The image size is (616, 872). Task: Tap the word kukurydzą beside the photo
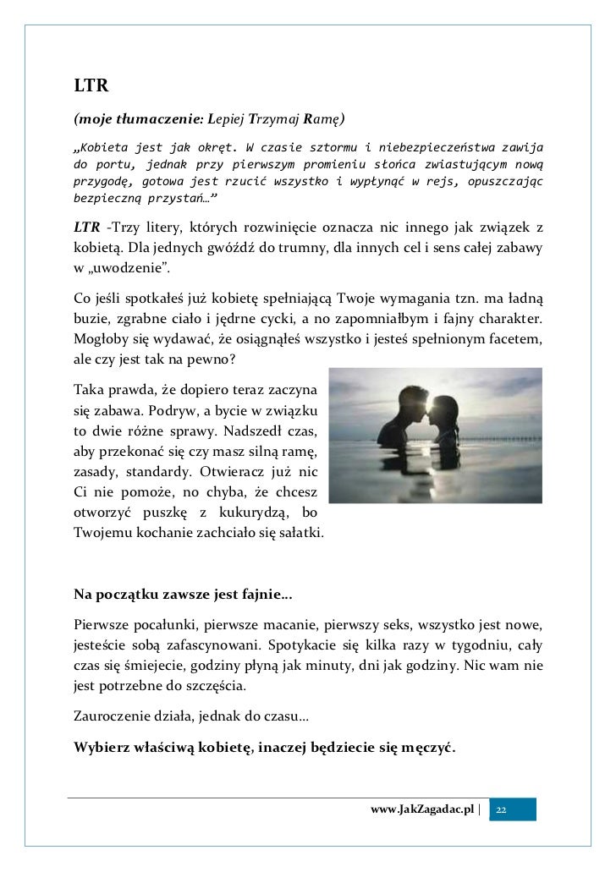click(261, 513)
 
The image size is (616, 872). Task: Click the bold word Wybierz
click(107, 747)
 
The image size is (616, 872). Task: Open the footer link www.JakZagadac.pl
click(423, 810)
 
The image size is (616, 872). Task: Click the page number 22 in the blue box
click(502, 810)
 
